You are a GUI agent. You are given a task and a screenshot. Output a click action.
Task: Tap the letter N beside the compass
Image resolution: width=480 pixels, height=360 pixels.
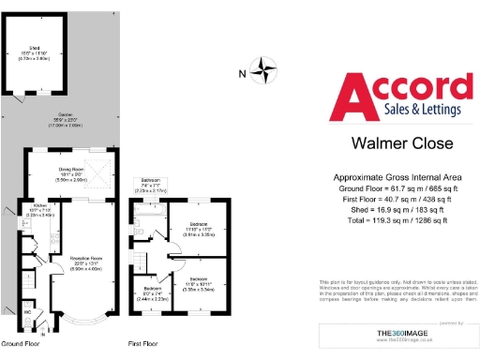pyautogui.click(x=243, y=73)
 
